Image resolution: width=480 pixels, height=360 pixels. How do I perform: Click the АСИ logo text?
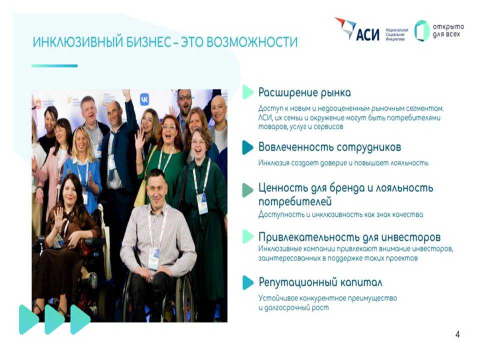click(367, 34)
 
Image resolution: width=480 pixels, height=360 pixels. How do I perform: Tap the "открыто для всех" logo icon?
click(422, 30)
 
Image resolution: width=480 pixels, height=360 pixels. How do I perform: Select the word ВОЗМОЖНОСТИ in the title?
click(252, 42)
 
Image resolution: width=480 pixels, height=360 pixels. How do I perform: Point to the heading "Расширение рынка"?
click(304, 92)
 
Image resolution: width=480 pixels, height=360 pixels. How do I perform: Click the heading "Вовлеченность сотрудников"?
click(329, 147)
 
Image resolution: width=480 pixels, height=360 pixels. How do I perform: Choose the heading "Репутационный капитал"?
click(320, 282)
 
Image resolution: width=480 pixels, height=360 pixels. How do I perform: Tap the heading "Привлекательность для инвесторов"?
click(349, 237)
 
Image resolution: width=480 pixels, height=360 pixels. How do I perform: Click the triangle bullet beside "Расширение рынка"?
click(247, 92)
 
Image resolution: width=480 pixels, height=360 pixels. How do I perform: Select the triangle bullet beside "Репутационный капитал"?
click(247, 282)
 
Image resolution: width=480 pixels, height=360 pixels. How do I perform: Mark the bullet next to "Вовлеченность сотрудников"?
click(247, 147)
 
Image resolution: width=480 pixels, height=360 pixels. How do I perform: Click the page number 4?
click(457, 334)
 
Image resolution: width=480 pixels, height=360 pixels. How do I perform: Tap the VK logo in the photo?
click(145, 100)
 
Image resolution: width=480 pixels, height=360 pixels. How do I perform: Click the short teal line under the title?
click(54, 66)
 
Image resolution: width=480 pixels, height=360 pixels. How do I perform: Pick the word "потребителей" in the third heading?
click(295, 201)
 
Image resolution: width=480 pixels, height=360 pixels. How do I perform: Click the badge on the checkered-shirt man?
click(153, 258)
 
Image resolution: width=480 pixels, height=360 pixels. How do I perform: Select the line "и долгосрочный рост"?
click(293, 307)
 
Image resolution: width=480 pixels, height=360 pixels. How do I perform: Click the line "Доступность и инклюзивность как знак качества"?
click(340, 214)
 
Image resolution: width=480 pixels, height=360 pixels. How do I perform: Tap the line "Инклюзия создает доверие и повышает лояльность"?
click(343, 163)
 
